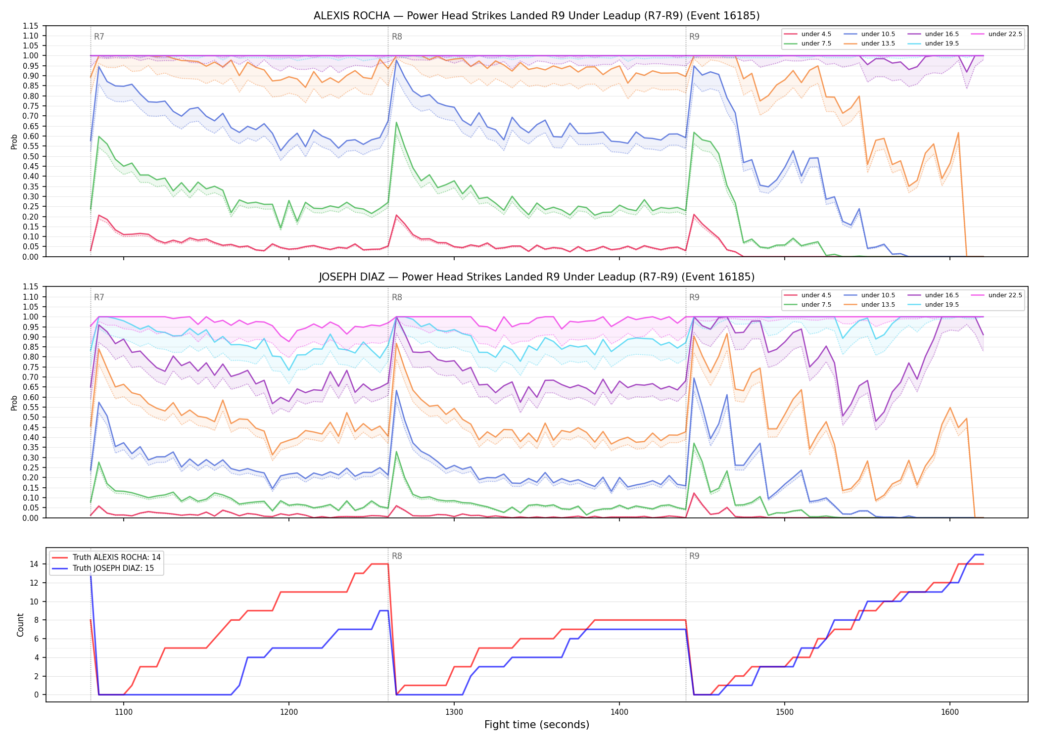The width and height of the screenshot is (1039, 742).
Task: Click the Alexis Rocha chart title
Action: coord(536,16)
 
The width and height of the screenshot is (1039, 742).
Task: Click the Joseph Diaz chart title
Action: coord(536,277)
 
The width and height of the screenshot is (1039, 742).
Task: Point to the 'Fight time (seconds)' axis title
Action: coord(537,725)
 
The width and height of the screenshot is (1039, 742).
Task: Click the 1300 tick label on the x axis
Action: coord(454,712)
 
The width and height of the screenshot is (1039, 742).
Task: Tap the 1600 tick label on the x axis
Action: coord(949,712)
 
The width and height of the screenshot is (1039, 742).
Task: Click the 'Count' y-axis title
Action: coord(20,625)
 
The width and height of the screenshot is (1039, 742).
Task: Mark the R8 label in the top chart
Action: coord(397,37)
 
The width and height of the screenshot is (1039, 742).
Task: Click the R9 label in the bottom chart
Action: coord(694,556)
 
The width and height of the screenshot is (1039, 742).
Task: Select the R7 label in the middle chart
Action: coord(99,297)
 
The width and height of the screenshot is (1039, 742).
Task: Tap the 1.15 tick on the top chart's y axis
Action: coord(31,26)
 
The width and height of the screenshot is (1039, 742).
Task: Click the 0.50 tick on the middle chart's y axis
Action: coord(31,417)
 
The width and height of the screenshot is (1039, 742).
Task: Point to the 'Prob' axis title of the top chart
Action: coord(14,141)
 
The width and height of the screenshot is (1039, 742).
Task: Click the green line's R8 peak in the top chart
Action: coord(396,122)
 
